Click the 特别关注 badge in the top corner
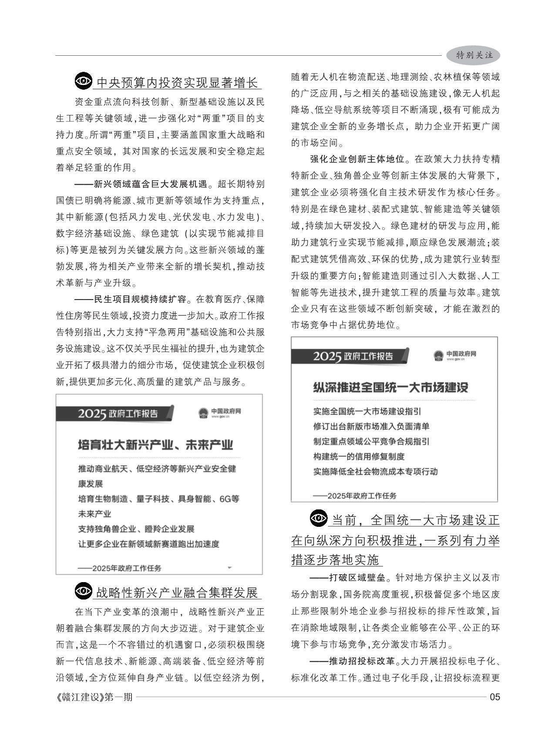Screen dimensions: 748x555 coord(474,55)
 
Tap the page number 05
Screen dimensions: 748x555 coord(495,697)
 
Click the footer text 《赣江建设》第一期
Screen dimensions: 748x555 coord(94,697)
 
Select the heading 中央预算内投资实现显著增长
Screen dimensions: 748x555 coord(177,82)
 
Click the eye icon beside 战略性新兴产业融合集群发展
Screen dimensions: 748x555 coord(84,591)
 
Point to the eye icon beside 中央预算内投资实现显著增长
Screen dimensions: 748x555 coord(84,81)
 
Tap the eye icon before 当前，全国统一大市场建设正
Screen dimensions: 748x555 coord(319,518)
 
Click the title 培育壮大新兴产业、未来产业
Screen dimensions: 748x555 coord(155,445)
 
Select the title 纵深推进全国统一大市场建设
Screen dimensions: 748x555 coord(390,387)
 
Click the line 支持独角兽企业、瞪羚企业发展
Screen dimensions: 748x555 coord(136,529)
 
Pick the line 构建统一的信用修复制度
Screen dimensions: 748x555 coord(359,456)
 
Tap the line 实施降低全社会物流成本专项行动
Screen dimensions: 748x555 coord(375,472)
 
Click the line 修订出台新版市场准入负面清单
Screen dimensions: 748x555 coord(371,426)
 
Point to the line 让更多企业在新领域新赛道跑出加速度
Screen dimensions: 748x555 coord(149,544)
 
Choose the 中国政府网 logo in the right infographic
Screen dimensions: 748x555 coord(455,355)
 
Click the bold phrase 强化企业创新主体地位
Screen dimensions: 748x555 coord(357,159)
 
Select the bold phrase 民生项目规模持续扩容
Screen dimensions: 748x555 coord(140,300)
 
